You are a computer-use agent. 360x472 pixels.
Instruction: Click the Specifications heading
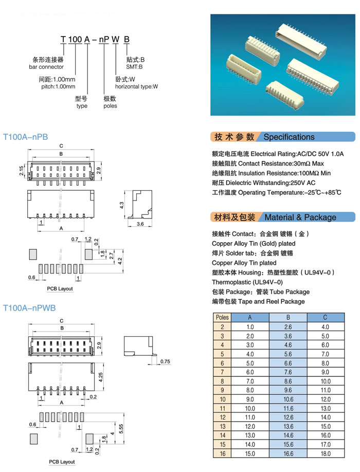289,137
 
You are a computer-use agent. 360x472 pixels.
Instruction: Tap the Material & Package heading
300,217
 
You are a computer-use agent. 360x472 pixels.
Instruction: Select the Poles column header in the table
222,318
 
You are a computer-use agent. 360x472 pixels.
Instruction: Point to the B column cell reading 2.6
287,327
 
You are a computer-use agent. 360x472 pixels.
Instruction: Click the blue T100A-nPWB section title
29,308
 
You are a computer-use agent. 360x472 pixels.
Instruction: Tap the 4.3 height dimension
122,205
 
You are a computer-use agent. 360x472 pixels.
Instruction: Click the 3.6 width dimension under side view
139,225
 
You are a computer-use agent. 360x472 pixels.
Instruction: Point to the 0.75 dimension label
165,361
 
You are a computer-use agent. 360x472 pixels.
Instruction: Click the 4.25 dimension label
101,376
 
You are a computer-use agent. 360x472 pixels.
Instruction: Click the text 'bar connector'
46,67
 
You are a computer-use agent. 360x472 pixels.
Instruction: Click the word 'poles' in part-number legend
110,106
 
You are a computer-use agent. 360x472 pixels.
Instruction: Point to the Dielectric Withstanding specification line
264,183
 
